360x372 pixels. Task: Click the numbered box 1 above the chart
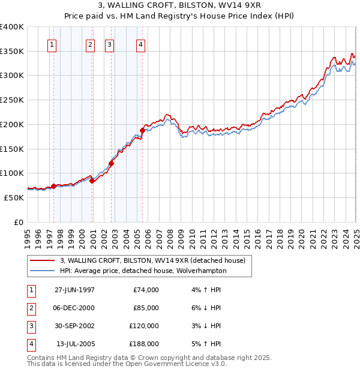[x=52, y=44]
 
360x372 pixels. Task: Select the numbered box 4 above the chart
[x=140, y=44]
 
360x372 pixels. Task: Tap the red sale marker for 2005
[x=142, y=130]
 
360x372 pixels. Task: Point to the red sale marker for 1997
[x=53, y=186]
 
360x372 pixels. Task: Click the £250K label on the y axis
[x=12, y=100]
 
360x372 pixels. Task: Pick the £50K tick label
[x=14, y=197]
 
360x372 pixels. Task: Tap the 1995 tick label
[x=28, y=235]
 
